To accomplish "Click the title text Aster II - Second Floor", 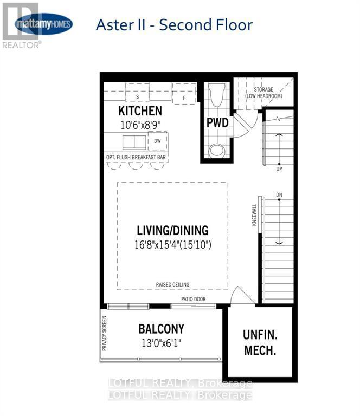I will point(173,25).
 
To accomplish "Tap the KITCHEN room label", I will point(140,111).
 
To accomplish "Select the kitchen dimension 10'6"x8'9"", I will point(140,123).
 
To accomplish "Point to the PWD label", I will point(217,122).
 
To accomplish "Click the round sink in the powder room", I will point(217,149).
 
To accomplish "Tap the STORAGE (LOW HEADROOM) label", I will point(259,92).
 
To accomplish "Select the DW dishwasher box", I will point(158,141).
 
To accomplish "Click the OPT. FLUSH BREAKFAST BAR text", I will point(136,158).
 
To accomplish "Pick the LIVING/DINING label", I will point(172,230).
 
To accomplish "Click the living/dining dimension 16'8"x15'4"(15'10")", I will point(172,244).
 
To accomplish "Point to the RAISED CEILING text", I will point(172,284).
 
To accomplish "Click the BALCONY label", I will point(161,328).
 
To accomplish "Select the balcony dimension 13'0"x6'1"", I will point(161,342).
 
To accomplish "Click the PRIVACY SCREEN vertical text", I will point(105,331).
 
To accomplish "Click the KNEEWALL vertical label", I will point(254,215).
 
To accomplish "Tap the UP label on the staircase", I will point(279,169).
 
